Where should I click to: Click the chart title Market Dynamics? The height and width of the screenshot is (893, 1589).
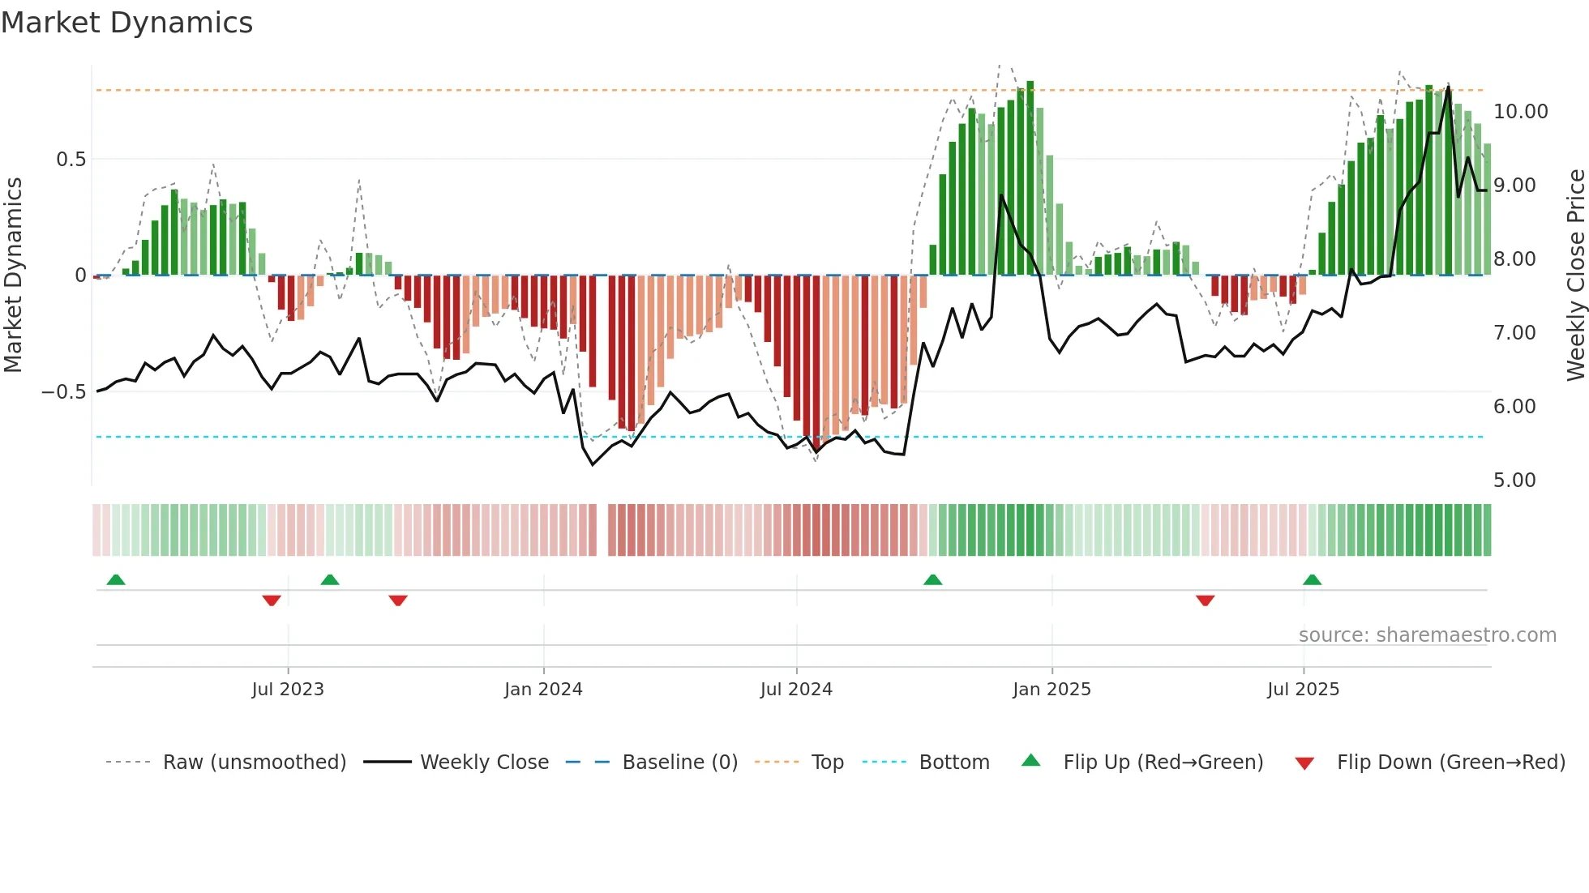point(126,23)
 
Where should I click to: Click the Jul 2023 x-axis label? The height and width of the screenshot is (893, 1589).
point(287,690)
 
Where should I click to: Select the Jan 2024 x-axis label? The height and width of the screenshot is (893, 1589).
point(543,690)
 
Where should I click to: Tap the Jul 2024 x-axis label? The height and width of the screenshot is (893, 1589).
point(796,690)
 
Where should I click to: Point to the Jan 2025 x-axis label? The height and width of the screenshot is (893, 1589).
point(1051,690)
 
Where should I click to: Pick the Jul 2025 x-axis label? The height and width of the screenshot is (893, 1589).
point(1303,690)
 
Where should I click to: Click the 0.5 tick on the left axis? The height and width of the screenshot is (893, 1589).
point(71,160)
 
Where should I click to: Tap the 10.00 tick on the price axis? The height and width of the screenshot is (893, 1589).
point(1520,112)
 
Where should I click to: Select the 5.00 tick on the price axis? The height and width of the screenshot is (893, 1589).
point(1514,481)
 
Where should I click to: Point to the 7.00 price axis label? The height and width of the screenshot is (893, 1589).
point(1514,333)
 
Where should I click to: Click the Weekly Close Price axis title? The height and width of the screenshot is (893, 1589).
point(1575,276)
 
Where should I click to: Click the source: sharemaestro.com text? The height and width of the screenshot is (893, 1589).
point(1427,635)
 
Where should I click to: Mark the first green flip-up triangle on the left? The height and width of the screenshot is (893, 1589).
point(116,579)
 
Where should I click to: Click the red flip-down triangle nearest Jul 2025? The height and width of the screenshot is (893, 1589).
point(1205,600)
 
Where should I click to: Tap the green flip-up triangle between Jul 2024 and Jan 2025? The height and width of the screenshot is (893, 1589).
point(932,579)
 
